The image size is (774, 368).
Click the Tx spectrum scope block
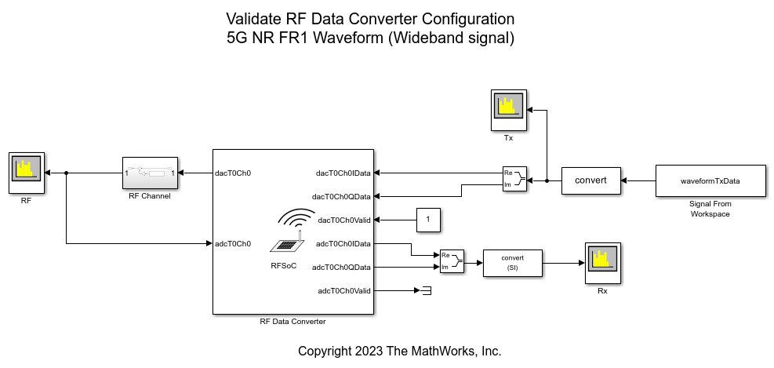[x=508, y=110]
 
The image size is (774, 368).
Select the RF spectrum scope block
[x=26, y=173]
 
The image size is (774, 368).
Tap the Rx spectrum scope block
[x=603, y=264]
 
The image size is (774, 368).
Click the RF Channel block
[x=150, y=173]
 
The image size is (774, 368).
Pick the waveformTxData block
[x=710, y=180]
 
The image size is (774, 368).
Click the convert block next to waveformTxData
[x=590, y=180]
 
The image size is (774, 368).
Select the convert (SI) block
[x=512, y=264]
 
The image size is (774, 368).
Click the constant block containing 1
[x=428, y=220]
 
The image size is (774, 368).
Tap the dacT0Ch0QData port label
[x=341, y=197]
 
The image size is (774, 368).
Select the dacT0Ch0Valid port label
[x=345, y=220]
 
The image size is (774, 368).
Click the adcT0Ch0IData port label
[x=343, y=243]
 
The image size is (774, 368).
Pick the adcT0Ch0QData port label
[x=341, y=268]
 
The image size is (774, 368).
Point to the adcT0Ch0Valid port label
[x=344, y=291]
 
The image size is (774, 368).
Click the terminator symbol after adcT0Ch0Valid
[x=426, y=291]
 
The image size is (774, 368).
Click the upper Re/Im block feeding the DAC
[x=514, y=179]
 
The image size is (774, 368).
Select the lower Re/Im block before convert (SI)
[x=452, y=261]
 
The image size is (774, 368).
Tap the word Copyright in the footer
[x=325, y=352]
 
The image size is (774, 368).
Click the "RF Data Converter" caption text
[x=293, y=322]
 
